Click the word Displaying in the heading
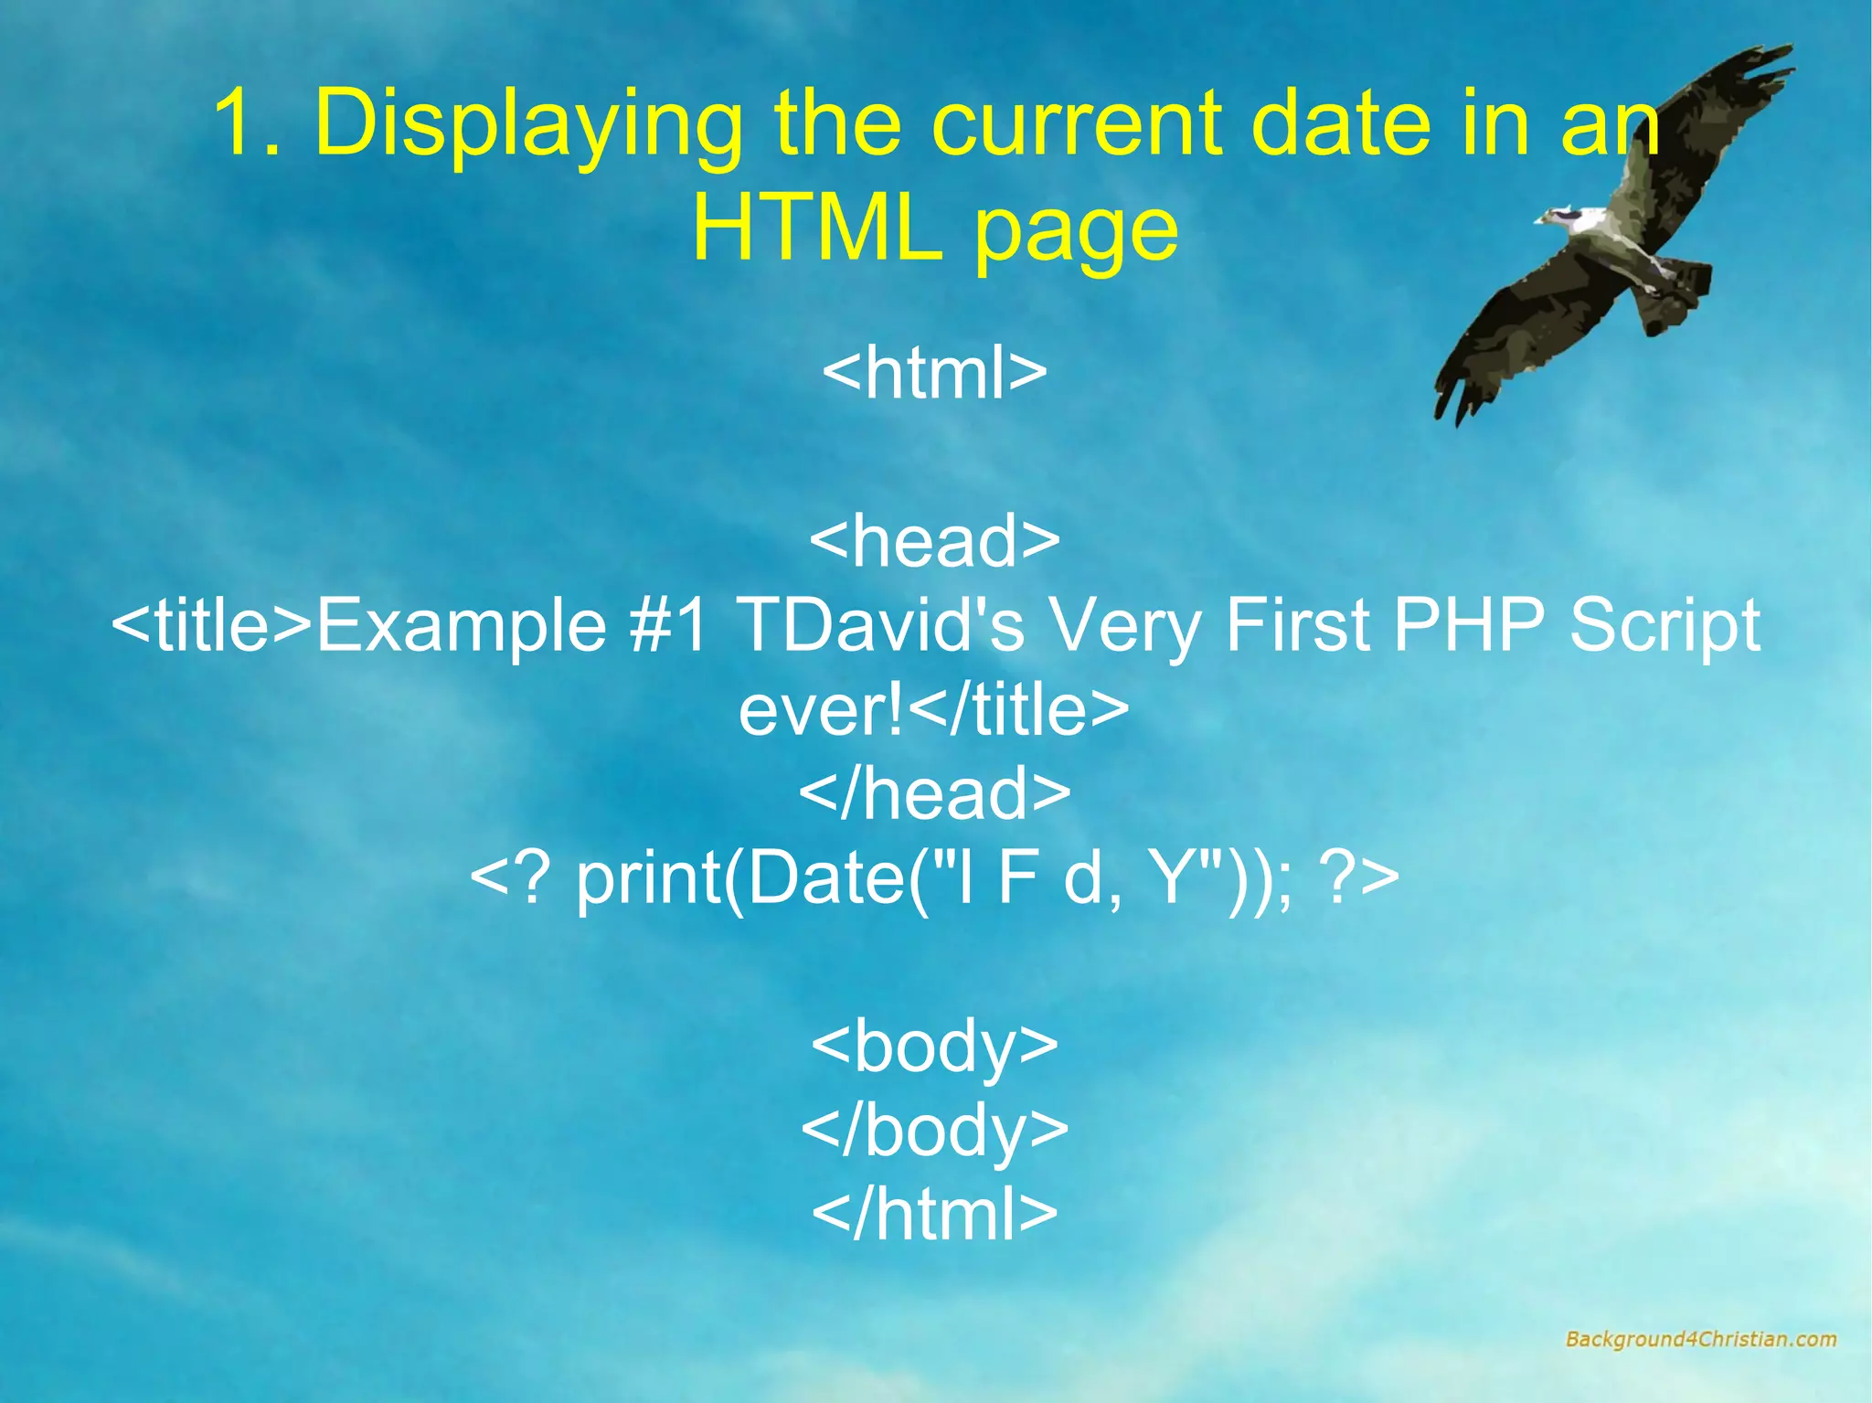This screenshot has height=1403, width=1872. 527,125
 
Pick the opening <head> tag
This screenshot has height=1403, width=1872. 934,540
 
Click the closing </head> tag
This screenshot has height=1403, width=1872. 934,792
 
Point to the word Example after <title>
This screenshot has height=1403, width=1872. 461,627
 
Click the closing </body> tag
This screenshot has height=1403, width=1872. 934,1131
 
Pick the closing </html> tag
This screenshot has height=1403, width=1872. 934,1214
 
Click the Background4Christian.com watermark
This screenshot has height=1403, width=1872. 1700,1339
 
